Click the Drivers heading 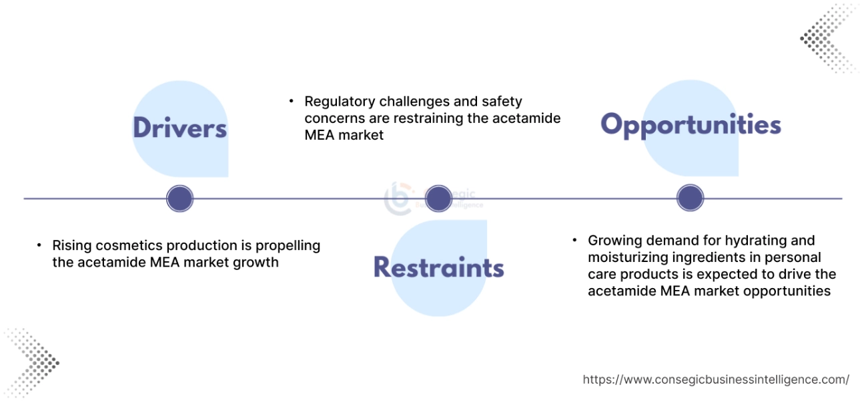pos(179,128)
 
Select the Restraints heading pos(438,267)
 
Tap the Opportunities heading pos(691,125)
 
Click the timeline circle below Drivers pos(179,198)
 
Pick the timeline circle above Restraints pos(438,198)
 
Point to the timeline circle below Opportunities pos(690,198)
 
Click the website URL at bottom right pos(715,380)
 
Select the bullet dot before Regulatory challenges pos(292,102)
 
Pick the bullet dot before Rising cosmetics pos(39,246)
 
